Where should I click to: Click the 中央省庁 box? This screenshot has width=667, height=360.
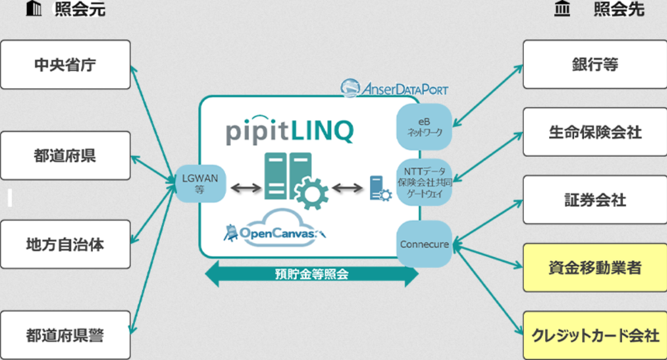click(65, 64)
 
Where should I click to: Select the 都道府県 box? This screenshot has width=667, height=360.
click(65, 155)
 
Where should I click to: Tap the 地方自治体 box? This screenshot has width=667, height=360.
click(65, 244)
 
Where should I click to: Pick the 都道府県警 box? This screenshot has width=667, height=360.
click(65, 335)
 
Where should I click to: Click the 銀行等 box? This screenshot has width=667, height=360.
click(595, 64)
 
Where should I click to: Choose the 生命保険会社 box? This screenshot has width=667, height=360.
click(595, 132)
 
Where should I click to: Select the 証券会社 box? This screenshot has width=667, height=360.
click(595, 200)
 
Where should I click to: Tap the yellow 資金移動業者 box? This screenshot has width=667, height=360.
click(595, 268)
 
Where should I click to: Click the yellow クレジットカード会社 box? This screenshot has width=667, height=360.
click(595, 335)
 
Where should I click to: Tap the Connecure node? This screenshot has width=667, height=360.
click(424, 244)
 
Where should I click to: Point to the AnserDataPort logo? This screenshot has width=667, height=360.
click(394, 89)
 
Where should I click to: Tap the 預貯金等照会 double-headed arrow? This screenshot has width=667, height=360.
click(312, 275)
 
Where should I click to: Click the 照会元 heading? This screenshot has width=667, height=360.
click(80, 10)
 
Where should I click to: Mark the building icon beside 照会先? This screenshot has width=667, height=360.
click(562, 10)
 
